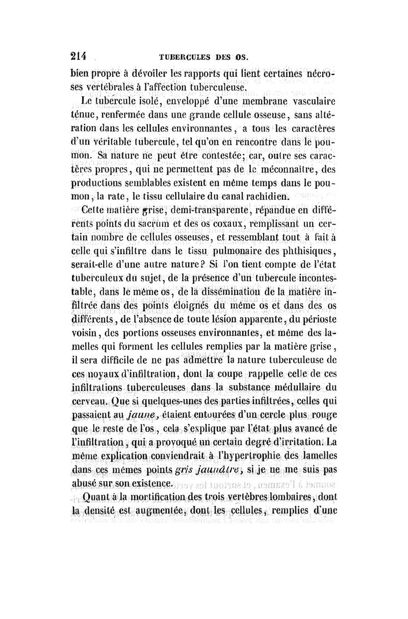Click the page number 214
[x=79, y=55]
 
